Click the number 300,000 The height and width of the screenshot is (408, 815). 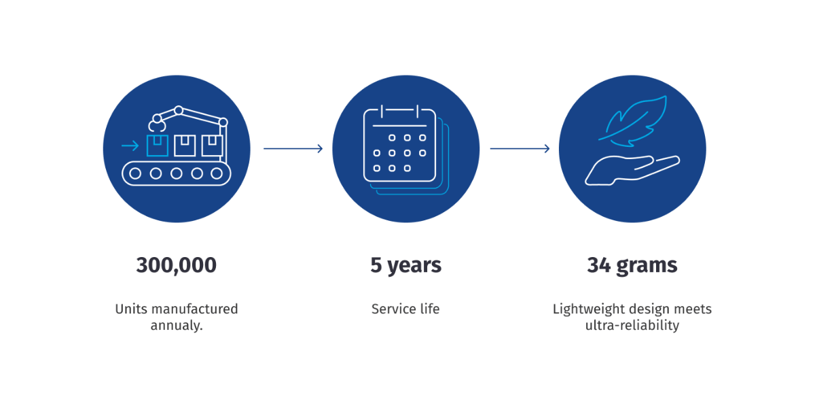(176, 265)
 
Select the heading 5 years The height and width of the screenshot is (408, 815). (405, 266)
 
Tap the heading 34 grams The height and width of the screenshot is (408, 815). (632, 266)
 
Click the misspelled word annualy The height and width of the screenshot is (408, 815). (177, 325)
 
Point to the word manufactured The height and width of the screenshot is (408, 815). (195, 309)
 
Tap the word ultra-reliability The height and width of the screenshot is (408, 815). (632, 325)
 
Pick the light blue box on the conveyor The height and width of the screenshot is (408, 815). (157, 146)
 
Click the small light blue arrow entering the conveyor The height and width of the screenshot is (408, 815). (130, 146)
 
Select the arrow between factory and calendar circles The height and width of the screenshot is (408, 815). (293, 149)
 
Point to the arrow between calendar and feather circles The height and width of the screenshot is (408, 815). (520, 149)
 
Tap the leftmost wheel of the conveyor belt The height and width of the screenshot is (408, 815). (135, 174)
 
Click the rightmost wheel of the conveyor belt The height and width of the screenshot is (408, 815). (217, 174)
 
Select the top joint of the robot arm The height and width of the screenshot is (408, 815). (179, 110)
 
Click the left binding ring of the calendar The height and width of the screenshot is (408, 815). (382, 112)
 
